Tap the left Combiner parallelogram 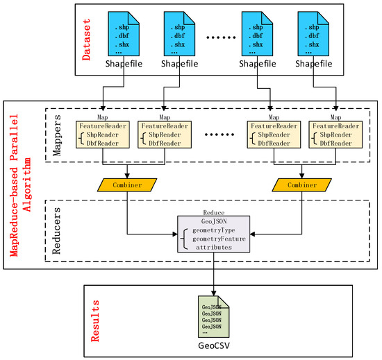click(x=126, y=185)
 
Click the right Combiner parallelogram click(x=300, y=185)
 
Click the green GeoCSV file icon click(x=213, y=315)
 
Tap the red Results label click(x=96, y=320)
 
